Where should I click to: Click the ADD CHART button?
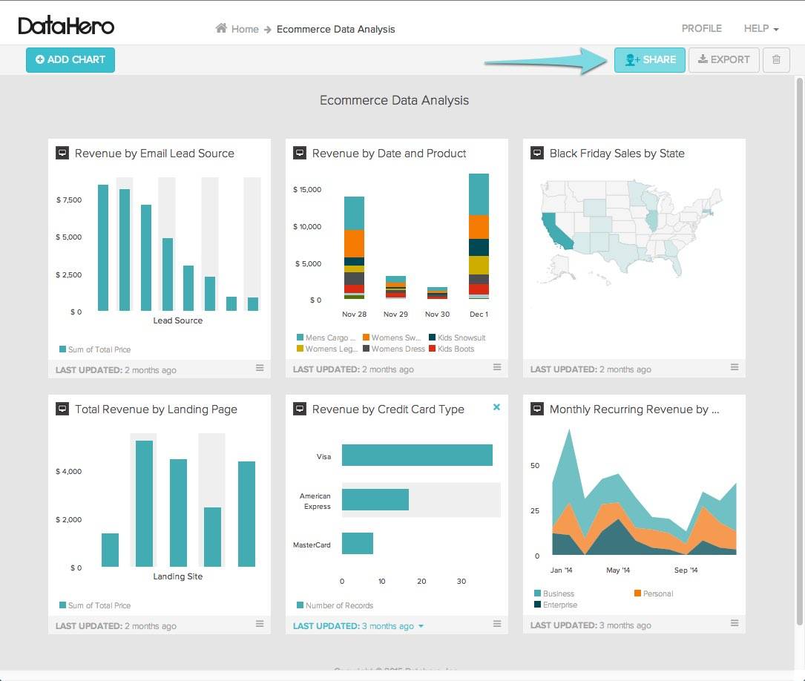point(70,60)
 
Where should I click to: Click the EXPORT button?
point(723,60)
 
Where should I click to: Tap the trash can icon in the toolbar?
point(776,60)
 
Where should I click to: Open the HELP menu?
point(760,29)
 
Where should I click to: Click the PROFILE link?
point(701,29)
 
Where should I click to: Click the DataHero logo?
point(66,27)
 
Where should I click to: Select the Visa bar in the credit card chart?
point(416,455)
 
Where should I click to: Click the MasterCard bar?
point(357,543)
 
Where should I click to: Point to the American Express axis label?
point(315,501)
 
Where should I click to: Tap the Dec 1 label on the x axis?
point(479,314)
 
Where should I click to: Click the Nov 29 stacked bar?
point(395,286)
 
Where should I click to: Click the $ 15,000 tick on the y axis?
point(307,190)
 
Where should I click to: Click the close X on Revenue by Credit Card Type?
point(496,407)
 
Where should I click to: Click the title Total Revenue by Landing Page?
point(156,409)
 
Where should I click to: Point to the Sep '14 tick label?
point(686,570)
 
